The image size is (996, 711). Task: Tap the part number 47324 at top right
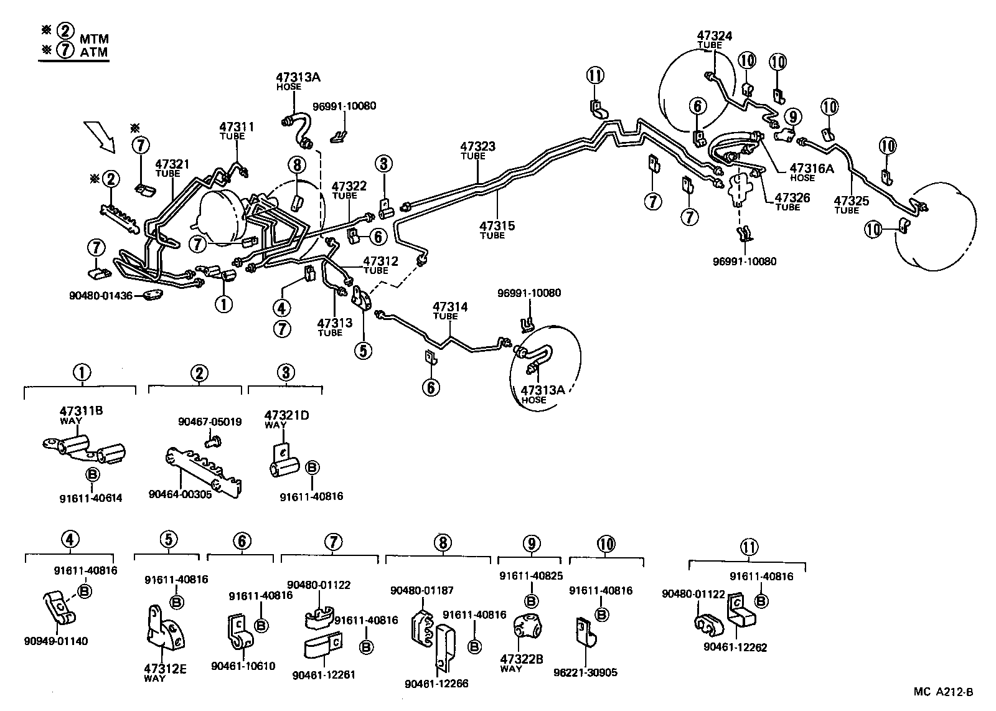pos(714,35)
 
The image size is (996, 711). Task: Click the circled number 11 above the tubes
pos(595,76)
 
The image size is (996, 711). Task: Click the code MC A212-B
pos(942,692)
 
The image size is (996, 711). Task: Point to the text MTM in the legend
pos(94,39)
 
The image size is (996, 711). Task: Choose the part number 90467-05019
pos(210,421)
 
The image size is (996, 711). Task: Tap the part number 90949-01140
pos(56,641)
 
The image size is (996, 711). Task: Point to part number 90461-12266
pos(436,684)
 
